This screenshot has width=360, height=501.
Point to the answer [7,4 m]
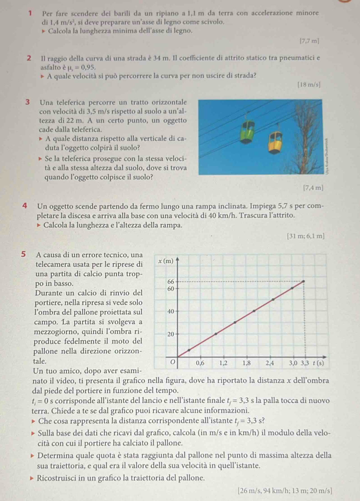pos(314,186)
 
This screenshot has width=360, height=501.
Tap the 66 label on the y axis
pos(171,281)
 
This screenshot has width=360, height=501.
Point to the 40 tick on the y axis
pos(171,311)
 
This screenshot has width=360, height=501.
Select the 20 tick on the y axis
pos(171,334)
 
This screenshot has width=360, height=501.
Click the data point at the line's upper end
pos(303,281)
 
